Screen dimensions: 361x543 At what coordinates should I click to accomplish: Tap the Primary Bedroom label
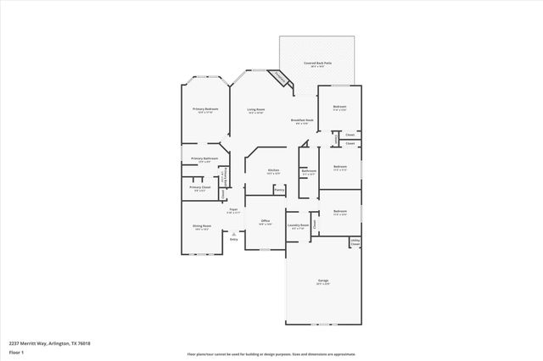(x=204, y=110)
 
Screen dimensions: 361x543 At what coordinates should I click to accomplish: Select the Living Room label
(x=255, y=110)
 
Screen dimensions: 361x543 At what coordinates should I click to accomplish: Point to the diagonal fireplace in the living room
(x=279, y=78)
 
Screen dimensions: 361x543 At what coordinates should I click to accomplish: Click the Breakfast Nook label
(x=303, y=121)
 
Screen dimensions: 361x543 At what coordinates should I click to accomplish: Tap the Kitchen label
(x=273, y=171)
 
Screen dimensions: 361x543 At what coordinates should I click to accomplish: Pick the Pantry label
(x=278, y=190)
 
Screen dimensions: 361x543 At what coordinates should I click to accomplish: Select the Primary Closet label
(x=199, y=188)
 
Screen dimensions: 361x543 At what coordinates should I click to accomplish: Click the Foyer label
(x=232, y=210)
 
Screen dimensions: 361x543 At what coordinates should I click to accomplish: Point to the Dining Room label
(x=202, y=227)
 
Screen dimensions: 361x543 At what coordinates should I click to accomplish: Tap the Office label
(x=265, y=222)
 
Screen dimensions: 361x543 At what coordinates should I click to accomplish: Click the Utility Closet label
(x=355, y=242)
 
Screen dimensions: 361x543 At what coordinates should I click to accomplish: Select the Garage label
(x=322, y=281)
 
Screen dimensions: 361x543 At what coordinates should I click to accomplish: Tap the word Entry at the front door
(x=234, y=240)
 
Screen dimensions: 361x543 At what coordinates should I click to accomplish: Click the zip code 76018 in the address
(x=84, y=343)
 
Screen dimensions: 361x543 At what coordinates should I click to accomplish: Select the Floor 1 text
(x=16, y=352)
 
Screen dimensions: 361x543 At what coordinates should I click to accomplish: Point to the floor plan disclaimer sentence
(x=271, y=354)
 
